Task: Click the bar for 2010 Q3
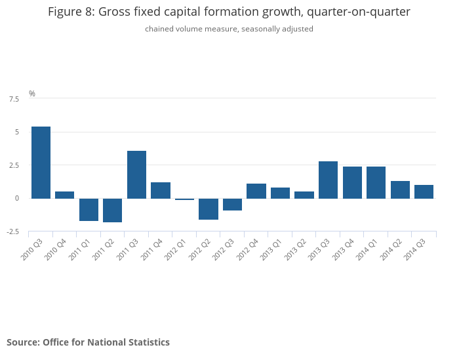point(41,162)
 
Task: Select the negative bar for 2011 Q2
point(113,210)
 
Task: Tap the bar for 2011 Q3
point(136,174)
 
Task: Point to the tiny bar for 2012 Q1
point(184,199)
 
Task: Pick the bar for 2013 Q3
point(328,180)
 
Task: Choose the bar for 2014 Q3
point(424,191)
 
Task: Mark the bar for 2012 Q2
point(209,209)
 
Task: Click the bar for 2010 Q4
point(64,195)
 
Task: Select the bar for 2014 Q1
point(376,182)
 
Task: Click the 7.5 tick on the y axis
point(14,99)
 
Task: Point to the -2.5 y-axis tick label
point(12,231)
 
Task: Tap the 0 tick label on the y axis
point(17,198)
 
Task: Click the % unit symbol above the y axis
point(32,94)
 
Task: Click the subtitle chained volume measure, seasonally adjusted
point(229,29)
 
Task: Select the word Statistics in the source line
point(148,342)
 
